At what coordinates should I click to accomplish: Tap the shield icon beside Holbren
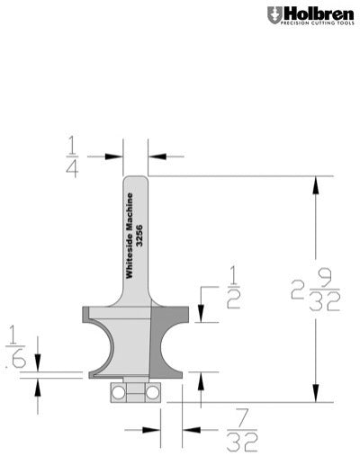coord(273,14)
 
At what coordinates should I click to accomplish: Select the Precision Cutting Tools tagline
coord(318,24)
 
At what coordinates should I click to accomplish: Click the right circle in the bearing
coord(153,391)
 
